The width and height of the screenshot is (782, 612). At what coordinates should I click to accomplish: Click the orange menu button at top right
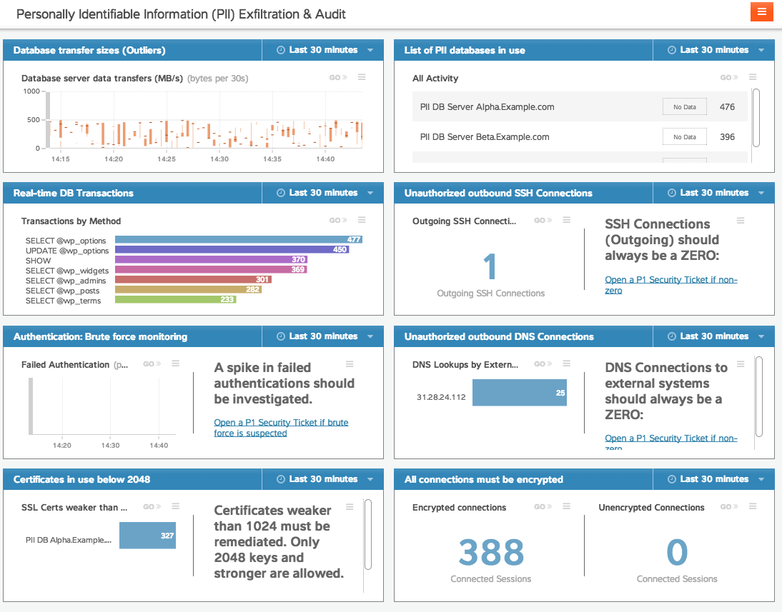[x=761, y=11]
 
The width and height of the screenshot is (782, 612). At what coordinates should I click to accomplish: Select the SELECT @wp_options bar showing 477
[x=239, y=240]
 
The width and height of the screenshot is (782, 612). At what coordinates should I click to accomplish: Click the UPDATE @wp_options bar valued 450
[x=232, y=250]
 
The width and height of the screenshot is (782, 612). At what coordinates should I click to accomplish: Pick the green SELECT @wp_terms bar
[x=175, y=300]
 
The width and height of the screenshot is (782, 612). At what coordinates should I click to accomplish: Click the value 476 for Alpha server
[x=727, y=107]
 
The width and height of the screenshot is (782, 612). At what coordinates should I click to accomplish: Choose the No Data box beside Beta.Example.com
[x=684, y=137]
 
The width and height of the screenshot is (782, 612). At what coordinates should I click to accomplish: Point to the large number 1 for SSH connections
[x=490, y=266]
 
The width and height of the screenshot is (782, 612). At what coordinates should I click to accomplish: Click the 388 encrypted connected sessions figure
[x=491, y=552]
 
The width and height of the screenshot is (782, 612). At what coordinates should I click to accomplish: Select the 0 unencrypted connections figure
[x=676, y=552]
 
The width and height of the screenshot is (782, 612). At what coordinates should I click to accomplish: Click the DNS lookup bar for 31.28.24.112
[x=519, y=393]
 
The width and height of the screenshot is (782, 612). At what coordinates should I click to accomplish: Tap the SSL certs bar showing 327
[x=147, y=536]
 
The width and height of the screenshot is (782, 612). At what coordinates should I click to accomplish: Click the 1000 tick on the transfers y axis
[x=31, y=91]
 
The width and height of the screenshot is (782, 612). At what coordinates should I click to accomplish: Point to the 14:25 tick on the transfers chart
[x=166, y=159]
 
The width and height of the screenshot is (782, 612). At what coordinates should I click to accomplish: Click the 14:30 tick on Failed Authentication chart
[x=110, y=445]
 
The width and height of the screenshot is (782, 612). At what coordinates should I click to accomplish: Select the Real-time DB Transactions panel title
[x=73, y=193]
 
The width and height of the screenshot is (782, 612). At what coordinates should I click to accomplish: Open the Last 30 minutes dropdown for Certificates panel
[x=323, y=479]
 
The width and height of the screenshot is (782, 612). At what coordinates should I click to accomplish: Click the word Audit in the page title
[x=332, y=14]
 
